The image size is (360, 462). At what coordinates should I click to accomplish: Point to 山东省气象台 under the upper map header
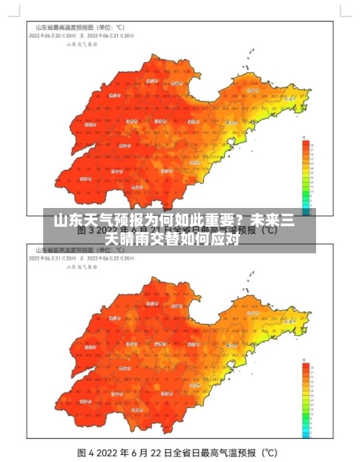click(81, 43)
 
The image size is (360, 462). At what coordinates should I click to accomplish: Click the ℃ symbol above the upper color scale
click(305, 136)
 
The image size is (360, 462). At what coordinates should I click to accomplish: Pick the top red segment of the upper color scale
click(305, 143)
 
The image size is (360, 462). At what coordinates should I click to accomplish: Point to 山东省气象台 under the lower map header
click(81, 266)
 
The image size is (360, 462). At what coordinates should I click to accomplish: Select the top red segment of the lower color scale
click(307, 366)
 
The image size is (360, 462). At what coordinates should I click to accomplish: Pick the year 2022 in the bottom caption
click(112, 453)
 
